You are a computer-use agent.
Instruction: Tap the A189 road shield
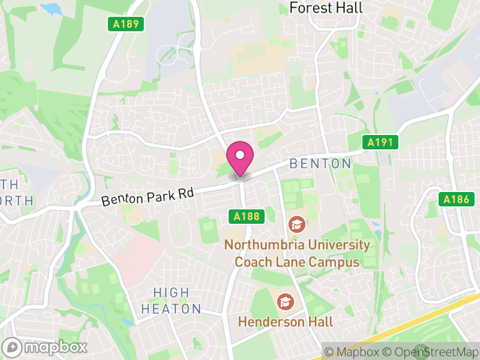(126, 25)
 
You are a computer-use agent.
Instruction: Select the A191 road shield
(380, 142)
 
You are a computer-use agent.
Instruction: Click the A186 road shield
(455, 199)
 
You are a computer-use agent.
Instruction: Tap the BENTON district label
(320, 163)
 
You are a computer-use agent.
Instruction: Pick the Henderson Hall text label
(285, 322)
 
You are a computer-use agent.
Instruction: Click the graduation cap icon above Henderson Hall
(285, 301)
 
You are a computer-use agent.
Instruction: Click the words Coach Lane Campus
(296, 262)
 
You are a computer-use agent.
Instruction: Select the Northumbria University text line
(296, 245)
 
